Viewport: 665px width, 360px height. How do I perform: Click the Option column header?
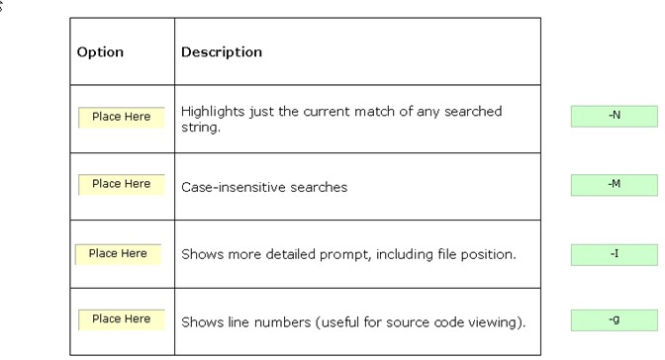(x=100, y=52)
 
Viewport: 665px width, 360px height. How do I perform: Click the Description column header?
(x=222, y=52)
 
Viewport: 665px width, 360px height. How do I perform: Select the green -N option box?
(x=615, y=116)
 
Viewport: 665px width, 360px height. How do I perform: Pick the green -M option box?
(x=615, y=185)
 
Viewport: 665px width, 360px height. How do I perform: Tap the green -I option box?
(x=615, y=255)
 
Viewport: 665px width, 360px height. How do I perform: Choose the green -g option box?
(x=615, y=320)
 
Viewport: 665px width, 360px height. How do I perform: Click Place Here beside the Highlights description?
(x=122, y=117)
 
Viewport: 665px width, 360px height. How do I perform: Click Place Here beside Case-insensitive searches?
(x=122, y=185)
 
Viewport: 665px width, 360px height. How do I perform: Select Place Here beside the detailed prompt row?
(x=118, y=254)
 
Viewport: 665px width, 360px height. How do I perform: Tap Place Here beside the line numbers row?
(x=122, y=319)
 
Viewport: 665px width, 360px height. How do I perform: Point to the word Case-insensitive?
(x=234, y=187)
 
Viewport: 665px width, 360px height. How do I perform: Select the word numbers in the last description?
(x=282, y=322)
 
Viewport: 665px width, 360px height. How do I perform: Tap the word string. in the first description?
(x=201, y=128)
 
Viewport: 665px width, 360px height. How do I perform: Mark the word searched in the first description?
(x=473, y=112)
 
